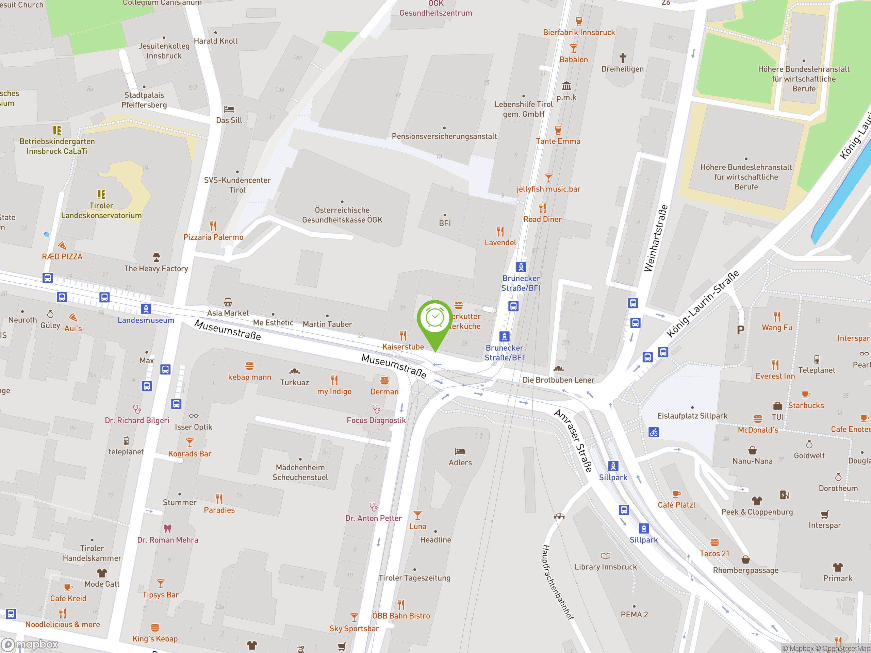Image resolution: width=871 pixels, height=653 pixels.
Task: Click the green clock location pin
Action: click(x=435, y=319)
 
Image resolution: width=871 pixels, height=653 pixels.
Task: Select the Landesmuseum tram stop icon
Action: click(x=146, y=309)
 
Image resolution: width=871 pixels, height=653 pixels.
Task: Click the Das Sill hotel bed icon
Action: click(x=229, y=109)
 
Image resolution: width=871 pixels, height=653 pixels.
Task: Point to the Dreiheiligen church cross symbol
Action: click(x=622, y=58)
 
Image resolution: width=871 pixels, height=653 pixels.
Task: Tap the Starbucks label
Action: click(x=806, y=405)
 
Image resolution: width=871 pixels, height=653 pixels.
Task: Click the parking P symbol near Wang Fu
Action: click(x=740, y=330)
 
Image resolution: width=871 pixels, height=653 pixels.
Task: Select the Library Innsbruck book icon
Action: click(x=606, y=556)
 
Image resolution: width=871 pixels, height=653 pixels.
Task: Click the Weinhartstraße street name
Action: click(x=656, y=238)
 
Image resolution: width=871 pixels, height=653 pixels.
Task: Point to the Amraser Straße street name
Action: click(x=573, y=440)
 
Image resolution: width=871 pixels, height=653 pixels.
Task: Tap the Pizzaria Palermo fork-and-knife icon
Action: click(x=213, y=226)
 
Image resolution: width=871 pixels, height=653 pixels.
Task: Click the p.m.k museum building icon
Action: click(x=566, y=86)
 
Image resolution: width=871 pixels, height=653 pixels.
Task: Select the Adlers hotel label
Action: click(x=460, y=463)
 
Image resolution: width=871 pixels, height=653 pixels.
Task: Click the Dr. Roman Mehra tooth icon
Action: click(x=167, y=528)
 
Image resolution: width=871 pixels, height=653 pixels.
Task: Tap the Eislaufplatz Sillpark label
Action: click(x=692, y=416)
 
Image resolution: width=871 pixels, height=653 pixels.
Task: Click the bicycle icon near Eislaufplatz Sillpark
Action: click(x=654, y=432)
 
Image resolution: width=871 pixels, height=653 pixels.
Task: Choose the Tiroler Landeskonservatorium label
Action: click(x=101, y=211)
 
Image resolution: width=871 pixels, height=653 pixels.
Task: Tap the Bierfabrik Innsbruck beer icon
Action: click(x=578, y=21)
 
